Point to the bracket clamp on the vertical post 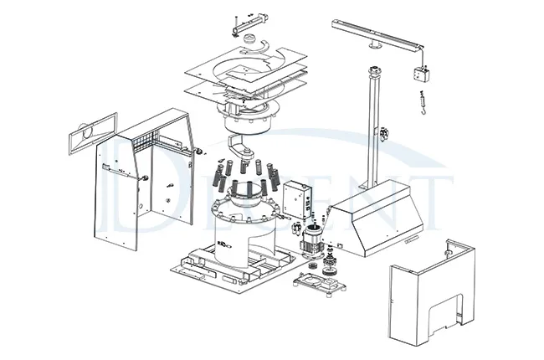click(x=385, y=132)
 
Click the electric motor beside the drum click(x=312, y=237)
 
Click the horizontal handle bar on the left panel click(x=118, y=172)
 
